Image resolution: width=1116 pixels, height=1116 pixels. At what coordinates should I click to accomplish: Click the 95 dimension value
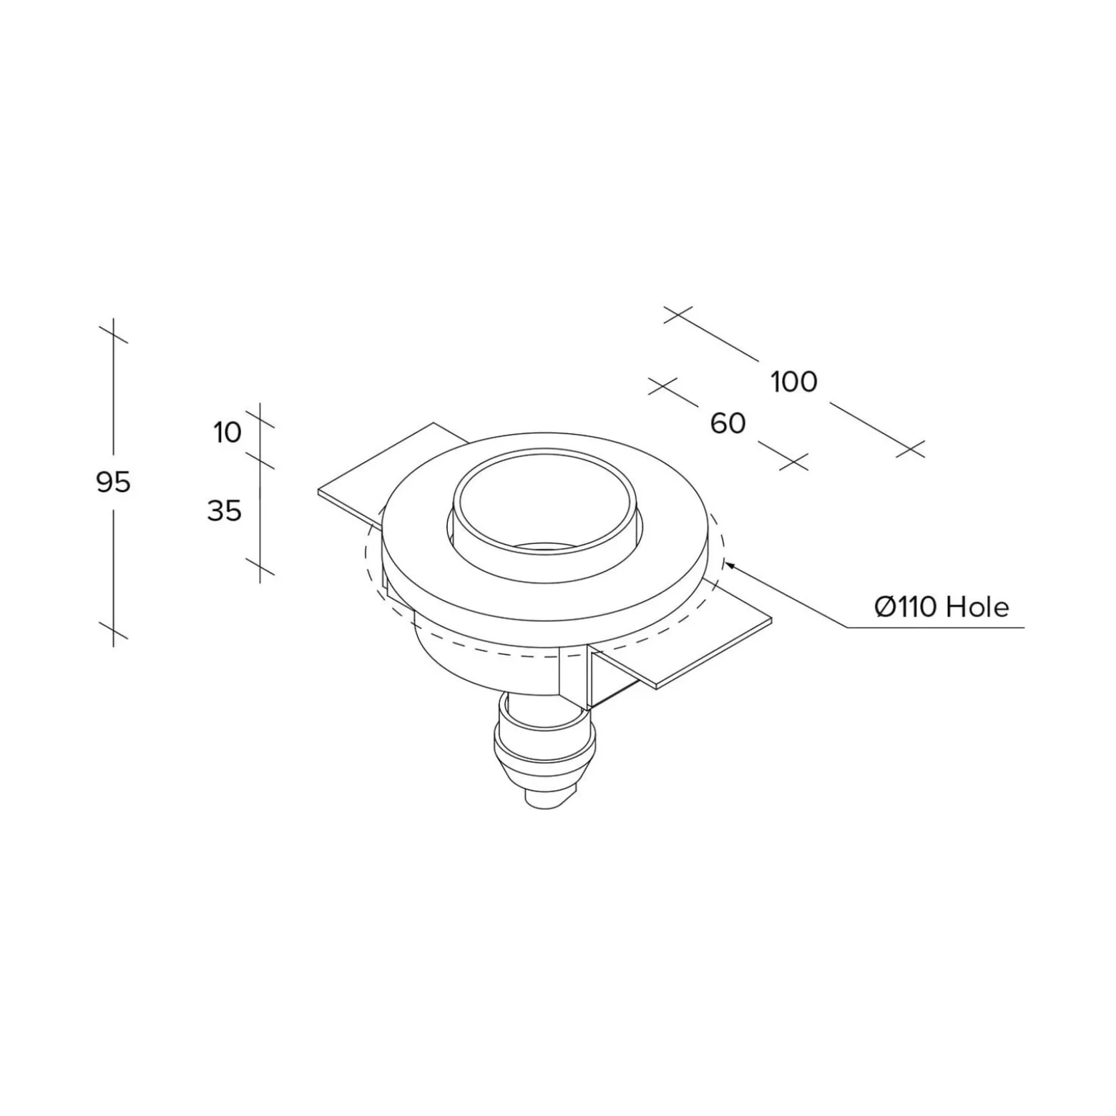click(113, 483)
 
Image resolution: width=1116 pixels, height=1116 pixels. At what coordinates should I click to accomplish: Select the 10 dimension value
click(227, 433)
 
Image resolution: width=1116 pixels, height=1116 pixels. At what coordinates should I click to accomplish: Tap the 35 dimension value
click(224, 511)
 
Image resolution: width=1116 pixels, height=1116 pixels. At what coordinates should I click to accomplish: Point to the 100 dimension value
click(793, 382)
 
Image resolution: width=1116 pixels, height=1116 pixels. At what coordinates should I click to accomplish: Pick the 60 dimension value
click(728, 423)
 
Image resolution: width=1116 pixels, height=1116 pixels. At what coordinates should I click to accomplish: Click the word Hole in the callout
click(977, 608)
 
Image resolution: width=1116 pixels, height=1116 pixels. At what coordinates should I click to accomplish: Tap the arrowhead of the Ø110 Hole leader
click(729, 566)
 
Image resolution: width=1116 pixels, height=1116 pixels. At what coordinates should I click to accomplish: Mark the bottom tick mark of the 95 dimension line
click(113, 630)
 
